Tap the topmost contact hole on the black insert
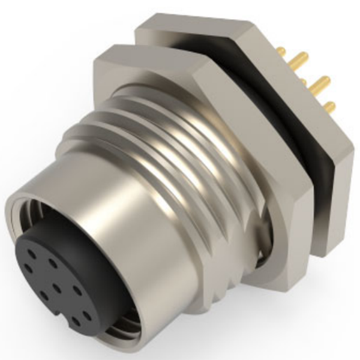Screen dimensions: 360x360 coord(54,262)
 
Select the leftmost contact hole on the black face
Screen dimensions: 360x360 coord(28,268)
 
